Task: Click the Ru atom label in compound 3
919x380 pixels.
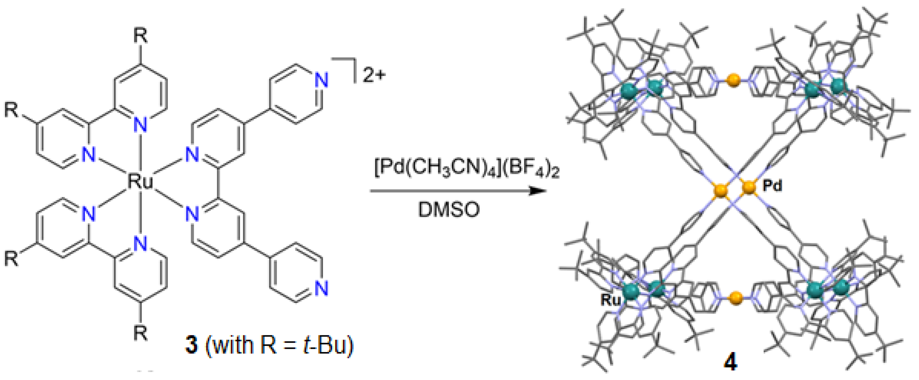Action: (140, 182)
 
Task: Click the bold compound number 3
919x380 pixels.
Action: (191, 345)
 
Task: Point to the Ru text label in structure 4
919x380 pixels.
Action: (611, 300)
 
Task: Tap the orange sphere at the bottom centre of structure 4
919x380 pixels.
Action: (736, 298)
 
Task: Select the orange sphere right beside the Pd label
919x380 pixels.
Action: (749, 187)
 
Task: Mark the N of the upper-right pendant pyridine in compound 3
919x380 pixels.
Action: (321, 80)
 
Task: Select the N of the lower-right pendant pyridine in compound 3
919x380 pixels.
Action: (321, 288)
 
